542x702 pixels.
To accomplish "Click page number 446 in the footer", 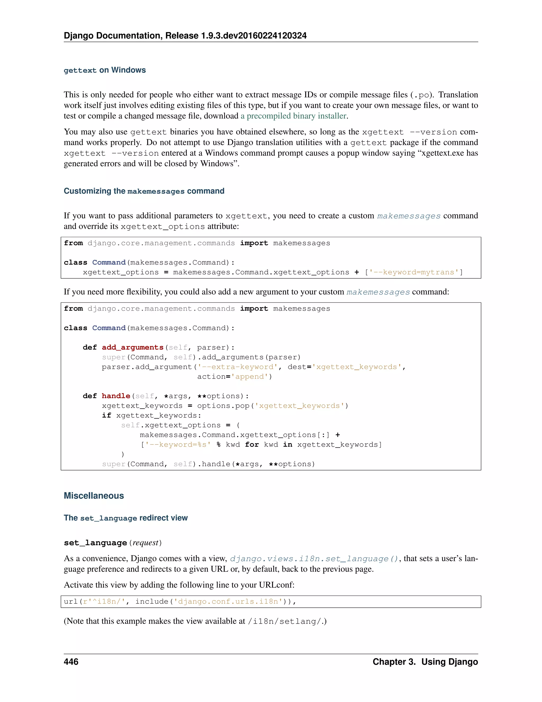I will [x=71, y=661].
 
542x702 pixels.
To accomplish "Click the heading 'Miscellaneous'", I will [x=94, y=495].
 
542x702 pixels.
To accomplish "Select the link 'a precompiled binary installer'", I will [x=293, y=116].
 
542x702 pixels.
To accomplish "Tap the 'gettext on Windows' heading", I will [x=105, y=70].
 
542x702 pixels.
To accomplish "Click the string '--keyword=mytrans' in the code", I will [x=414, y=272].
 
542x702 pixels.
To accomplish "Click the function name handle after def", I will [x=116, y=396].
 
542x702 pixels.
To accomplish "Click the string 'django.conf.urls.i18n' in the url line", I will [x=228, y=601].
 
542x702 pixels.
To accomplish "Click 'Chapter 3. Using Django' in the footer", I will [x=425, y=661].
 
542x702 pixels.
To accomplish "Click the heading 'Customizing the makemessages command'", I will [x=144, y=191].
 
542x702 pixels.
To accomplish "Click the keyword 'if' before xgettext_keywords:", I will [x=106, y=415].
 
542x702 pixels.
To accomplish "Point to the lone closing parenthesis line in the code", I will [x=123, y=454].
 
